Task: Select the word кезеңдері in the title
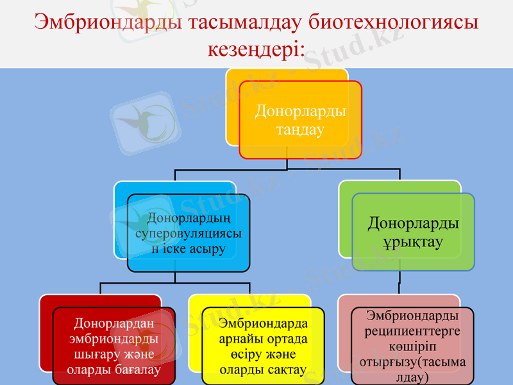click(253, 49)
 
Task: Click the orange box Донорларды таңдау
click(300, 119)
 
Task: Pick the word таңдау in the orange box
click(300, 130)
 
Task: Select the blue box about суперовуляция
click(188, 233)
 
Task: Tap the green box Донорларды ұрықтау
click(413, 232)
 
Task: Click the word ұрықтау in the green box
click(413, 243)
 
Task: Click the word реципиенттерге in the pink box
click(412, 331)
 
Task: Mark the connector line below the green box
click(399, 282)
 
